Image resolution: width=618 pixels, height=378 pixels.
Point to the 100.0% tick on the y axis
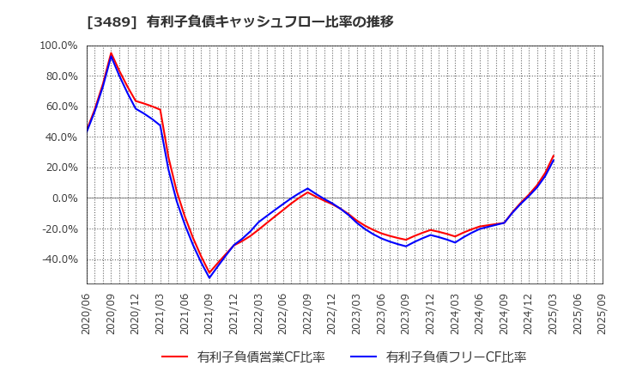[x=59, y=46]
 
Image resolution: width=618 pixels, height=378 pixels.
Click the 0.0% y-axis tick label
[x=65, y=198]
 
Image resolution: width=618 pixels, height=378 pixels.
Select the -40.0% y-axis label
[x=59, y=259]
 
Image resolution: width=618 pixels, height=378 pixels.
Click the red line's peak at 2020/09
[x=112, y=53]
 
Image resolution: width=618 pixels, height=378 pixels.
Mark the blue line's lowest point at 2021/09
[x=209, y=277]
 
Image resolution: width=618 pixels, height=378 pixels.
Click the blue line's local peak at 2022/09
[x=307, y=188]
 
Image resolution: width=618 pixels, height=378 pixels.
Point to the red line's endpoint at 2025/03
[x=554, y=155]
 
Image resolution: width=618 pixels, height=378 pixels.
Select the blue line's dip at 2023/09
[x=406, y=247]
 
